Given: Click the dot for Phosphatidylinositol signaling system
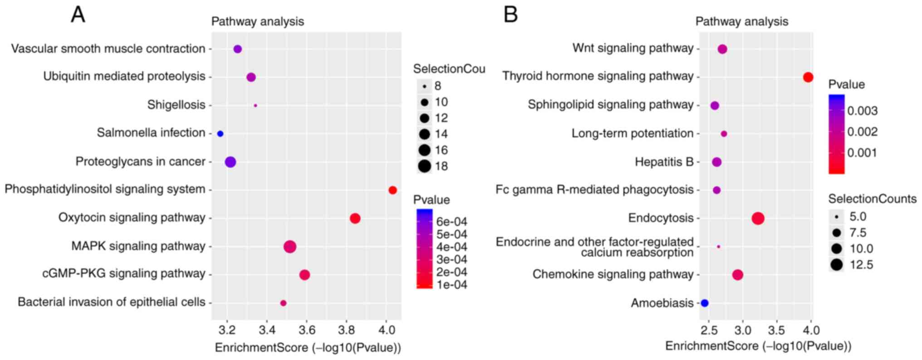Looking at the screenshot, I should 392,190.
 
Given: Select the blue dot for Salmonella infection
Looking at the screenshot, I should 220,134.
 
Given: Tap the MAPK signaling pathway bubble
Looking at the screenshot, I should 290,247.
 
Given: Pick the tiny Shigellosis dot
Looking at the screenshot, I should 255,105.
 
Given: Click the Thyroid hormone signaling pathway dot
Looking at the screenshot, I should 808,77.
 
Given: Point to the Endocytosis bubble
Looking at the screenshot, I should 758,218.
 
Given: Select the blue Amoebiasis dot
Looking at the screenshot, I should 704,303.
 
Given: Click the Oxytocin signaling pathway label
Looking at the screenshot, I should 132,217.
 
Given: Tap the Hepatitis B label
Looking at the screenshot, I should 664,162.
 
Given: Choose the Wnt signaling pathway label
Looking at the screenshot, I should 633,48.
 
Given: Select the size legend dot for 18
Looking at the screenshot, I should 425,166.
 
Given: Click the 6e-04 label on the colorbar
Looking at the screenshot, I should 451,222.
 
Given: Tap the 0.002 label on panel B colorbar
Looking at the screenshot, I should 862,132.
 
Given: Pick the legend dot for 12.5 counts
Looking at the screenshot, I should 837,265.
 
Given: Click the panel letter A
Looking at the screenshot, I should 78,15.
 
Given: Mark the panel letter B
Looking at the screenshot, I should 510,15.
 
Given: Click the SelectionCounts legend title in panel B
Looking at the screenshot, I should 872,199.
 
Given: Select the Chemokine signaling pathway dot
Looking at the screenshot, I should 738,275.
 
